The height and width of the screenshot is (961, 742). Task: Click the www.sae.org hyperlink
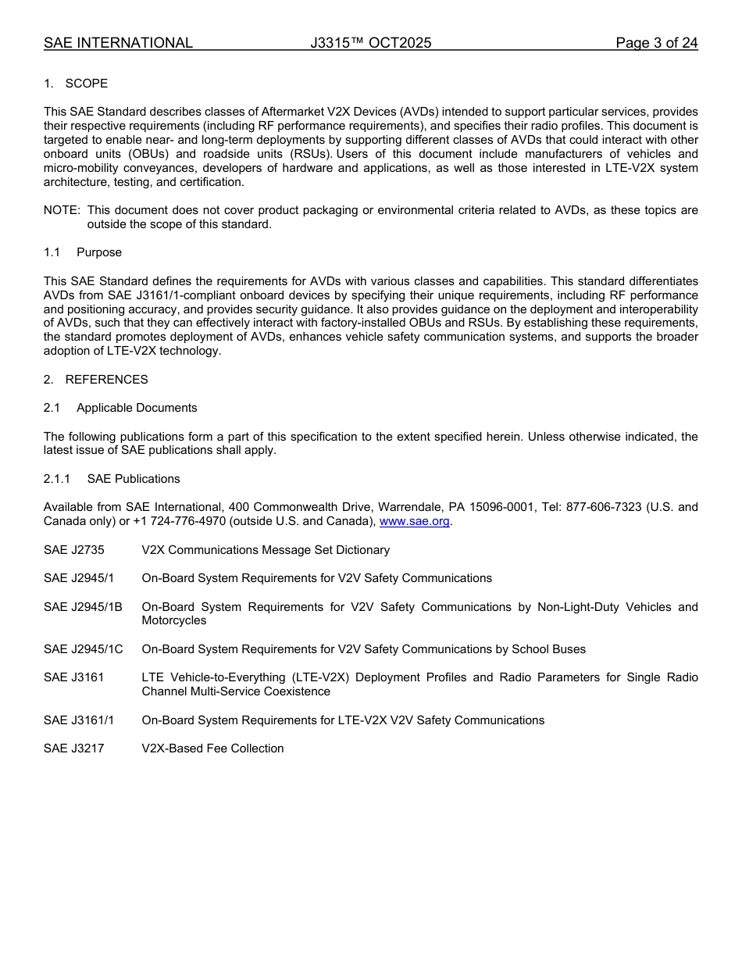pos(414,522)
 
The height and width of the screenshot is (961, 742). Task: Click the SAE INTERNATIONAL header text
pos(118,43)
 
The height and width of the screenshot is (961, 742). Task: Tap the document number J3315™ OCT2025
pos(370,43)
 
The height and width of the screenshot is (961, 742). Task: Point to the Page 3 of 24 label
pos(656,43)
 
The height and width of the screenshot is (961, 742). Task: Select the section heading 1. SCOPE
pos(76,84)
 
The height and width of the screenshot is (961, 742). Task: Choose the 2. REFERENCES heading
pos(95,380)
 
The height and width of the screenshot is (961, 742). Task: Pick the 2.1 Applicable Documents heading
pos(120,408)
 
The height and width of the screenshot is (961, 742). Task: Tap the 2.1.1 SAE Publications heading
pos(112,479)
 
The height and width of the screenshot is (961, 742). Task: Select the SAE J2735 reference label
pos(74,550)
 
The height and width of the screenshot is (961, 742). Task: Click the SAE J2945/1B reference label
pos(83,607)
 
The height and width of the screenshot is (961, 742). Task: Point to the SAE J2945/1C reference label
pos(84,649)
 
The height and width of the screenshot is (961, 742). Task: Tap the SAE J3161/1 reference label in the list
pos(79,720)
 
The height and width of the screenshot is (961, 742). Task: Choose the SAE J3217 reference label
pos(74,748)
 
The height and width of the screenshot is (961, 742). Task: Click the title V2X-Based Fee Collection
pos(212,748)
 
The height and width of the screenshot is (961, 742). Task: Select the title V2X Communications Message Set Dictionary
pos(266,550)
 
